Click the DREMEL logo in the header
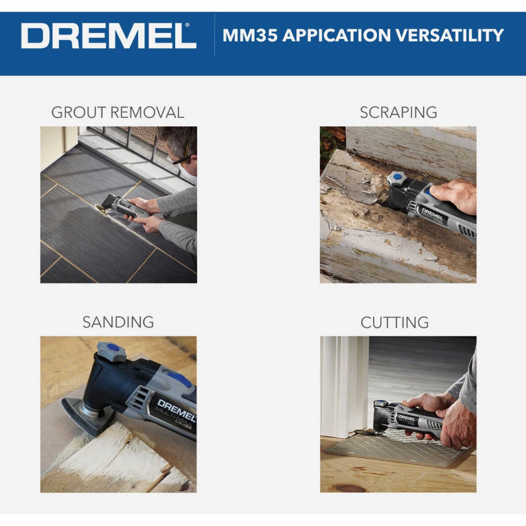click(x=108, y=35)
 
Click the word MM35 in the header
click(x=250, y=35)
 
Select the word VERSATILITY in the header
click(x=450, y=35)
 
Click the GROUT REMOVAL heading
click(x=118, y=113)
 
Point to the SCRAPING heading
click(x=398, y=113)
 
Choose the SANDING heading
click(x=118, y=322)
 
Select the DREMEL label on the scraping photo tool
click(x=432, y=214)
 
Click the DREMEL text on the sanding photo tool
click(x=175, y=409)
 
